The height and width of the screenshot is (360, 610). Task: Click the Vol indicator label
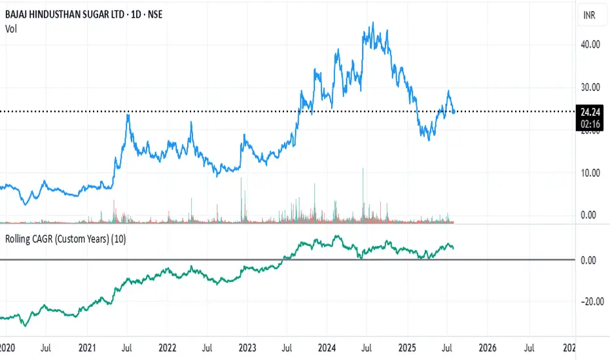tap(11, 28)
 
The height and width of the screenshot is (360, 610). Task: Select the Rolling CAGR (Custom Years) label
tap(65, 239)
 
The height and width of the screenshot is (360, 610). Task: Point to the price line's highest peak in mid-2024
tap(372, 23)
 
